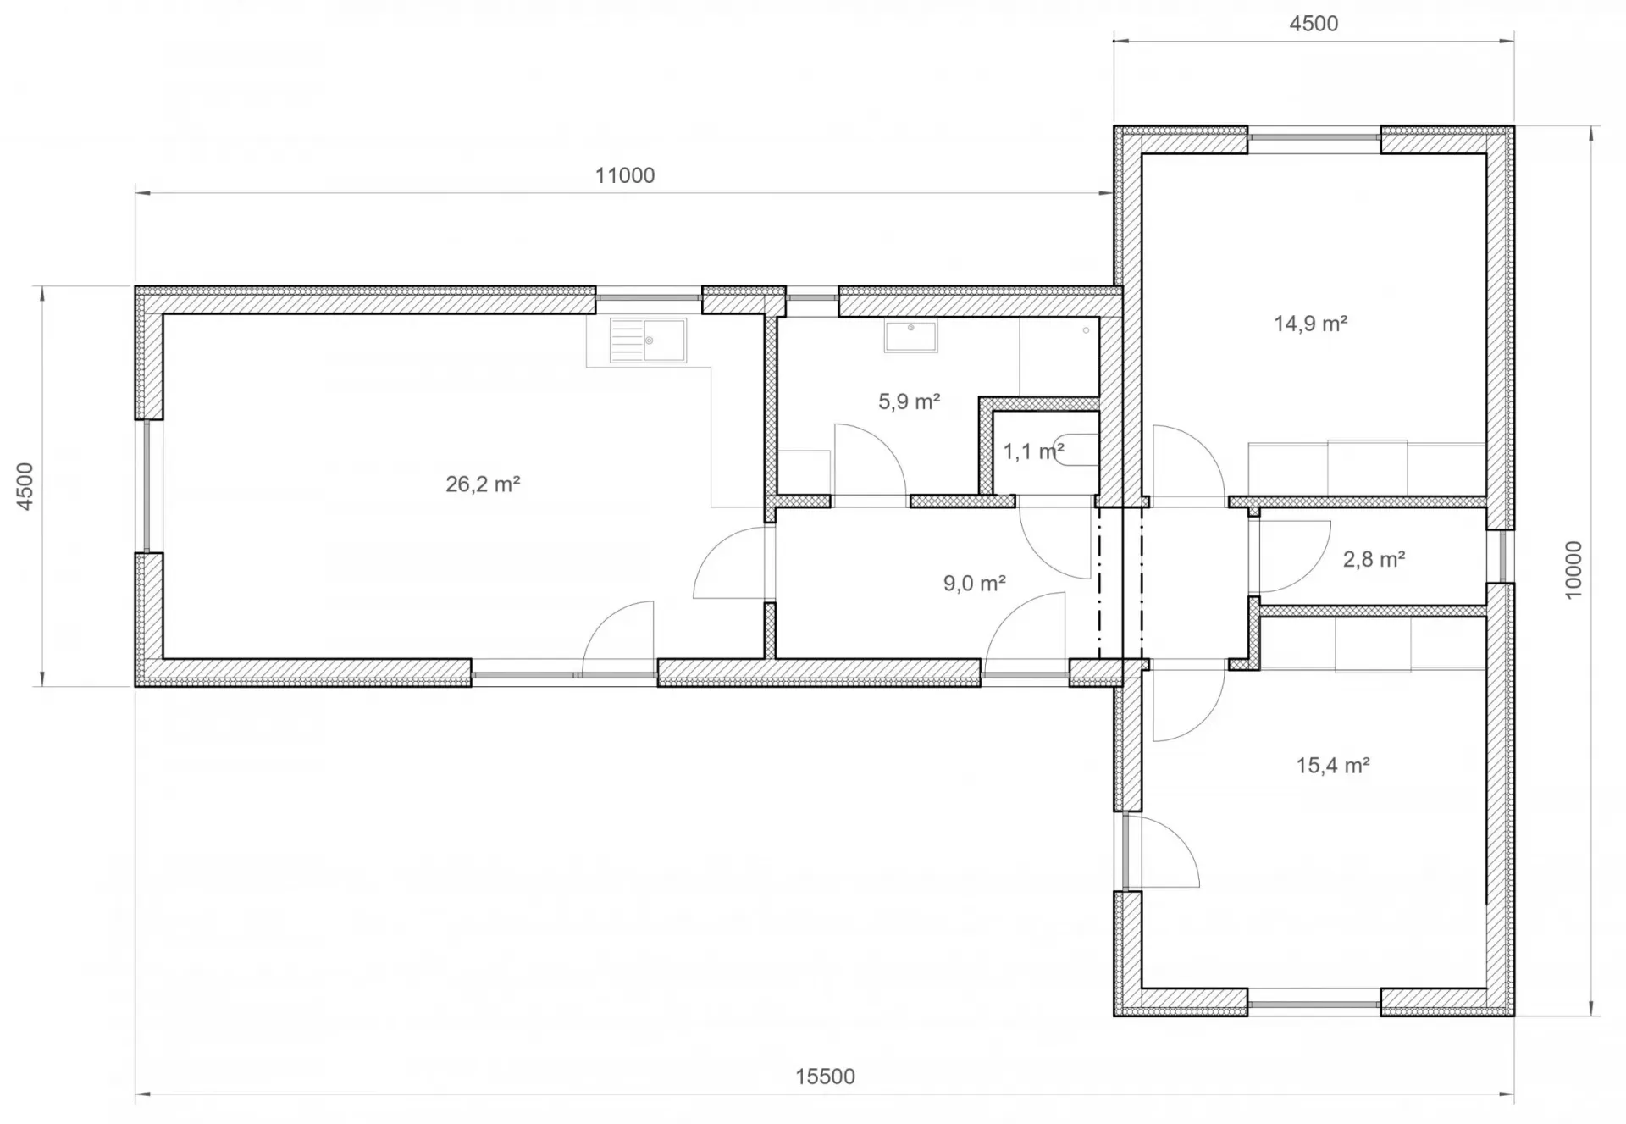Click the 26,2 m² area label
tap(483, 484)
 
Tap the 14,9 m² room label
tap(1310, 324)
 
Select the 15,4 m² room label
tap(1333, 766)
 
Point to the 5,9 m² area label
tap(909, 401)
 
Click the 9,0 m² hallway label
tap(974, 584)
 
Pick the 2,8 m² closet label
tap(1374, 559)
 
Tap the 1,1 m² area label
tap(1033, 451)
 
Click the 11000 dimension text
tap(625, 175)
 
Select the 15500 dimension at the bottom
tap(825, 1077)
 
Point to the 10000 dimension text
tap(1573, 570)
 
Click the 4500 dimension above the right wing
tap(1314, 24)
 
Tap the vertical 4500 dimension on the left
tap(25, 486)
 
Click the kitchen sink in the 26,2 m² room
tap(648, 341)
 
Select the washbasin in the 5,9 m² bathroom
tap(910, 336)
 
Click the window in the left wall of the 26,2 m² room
tap(147, 486)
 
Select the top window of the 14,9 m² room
tap(1314, 136)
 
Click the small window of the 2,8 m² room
tap(1502, 556)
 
